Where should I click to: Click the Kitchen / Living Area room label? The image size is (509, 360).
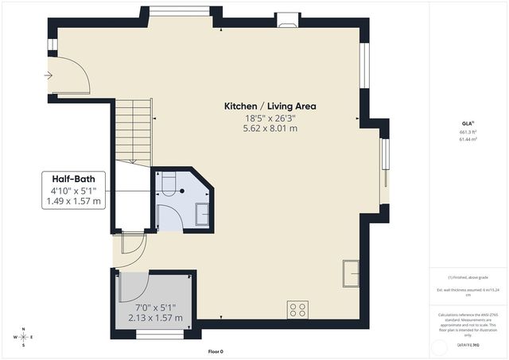coord(270,106)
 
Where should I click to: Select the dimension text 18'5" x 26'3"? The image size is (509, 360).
coord(270,118)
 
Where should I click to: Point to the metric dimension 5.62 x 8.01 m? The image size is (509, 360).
coord(270,128)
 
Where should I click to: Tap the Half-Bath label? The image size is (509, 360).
coord(75,179)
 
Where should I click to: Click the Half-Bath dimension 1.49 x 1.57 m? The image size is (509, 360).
coord(75,202)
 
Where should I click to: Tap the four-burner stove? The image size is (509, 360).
coord(298,308)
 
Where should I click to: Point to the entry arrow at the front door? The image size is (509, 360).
coord(49,75)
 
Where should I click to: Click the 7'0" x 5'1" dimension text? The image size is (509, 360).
coord(155,307)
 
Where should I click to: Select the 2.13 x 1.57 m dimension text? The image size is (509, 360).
coord(155,318)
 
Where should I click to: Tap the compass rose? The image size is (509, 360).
coord(24,337)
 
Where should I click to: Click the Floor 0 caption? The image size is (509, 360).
coord(216,351)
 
